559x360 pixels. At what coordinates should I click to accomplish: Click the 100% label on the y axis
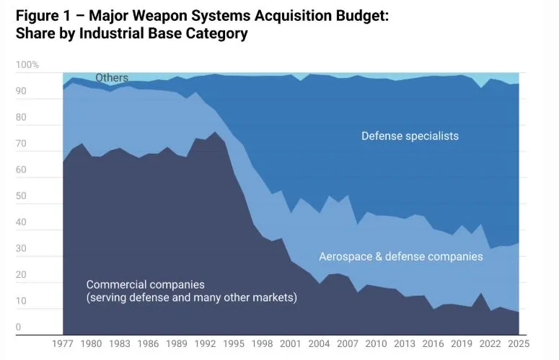[x=27, y=66]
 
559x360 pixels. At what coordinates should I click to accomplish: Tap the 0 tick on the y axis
[x=19, y=328]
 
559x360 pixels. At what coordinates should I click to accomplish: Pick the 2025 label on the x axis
[x=519, y=344]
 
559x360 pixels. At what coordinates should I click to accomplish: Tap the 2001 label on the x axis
[x=291, y=344]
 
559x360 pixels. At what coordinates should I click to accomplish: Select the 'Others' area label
[x=112, y=78]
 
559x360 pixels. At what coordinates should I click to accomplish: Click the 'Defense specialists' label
[x=410, y=136]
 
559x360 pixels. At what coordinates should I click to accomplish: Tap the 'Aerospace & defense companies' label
[x=401, y=256]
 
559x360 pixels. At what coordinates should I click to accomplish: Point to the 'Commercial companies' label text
[x=145, y=284]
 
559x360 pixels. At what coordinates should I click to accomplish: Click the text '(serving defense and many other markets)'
[x=192, y=297]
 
